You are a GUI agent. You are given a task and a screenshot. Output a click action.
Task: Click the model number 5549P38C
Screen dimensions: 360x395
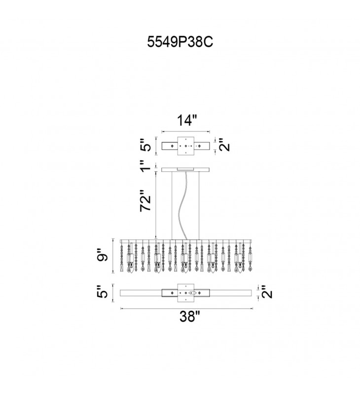(180, 41)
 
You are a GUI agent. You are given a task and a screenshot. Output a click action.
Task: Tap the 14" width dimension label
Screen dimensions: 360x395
(187, 120)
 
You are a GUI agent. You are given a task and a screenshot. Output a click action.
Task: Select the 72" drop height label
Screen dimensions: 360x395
(145, 200)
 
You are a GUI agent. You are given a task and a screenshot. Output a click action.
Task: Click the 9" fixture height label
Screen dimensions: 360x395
(103, 254)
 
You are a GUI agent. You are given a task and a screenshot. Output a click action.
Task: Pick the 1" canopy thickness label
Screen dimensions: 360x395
(145, 166)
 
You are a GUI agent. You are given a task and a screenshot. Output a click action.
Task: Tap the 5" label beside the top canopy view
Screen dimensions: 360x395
(145, 145)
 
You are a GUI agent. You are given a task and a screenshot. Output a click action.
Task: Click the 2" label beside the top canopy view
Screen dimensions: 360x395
(224, 144)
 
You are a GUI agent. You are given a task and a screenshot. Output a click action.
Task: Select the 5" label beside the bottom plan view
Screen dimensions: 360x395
(103, 292)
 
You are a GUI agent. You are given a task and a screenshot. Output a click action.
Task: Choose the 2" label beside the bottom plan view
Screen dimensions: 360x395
(267, 292)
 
